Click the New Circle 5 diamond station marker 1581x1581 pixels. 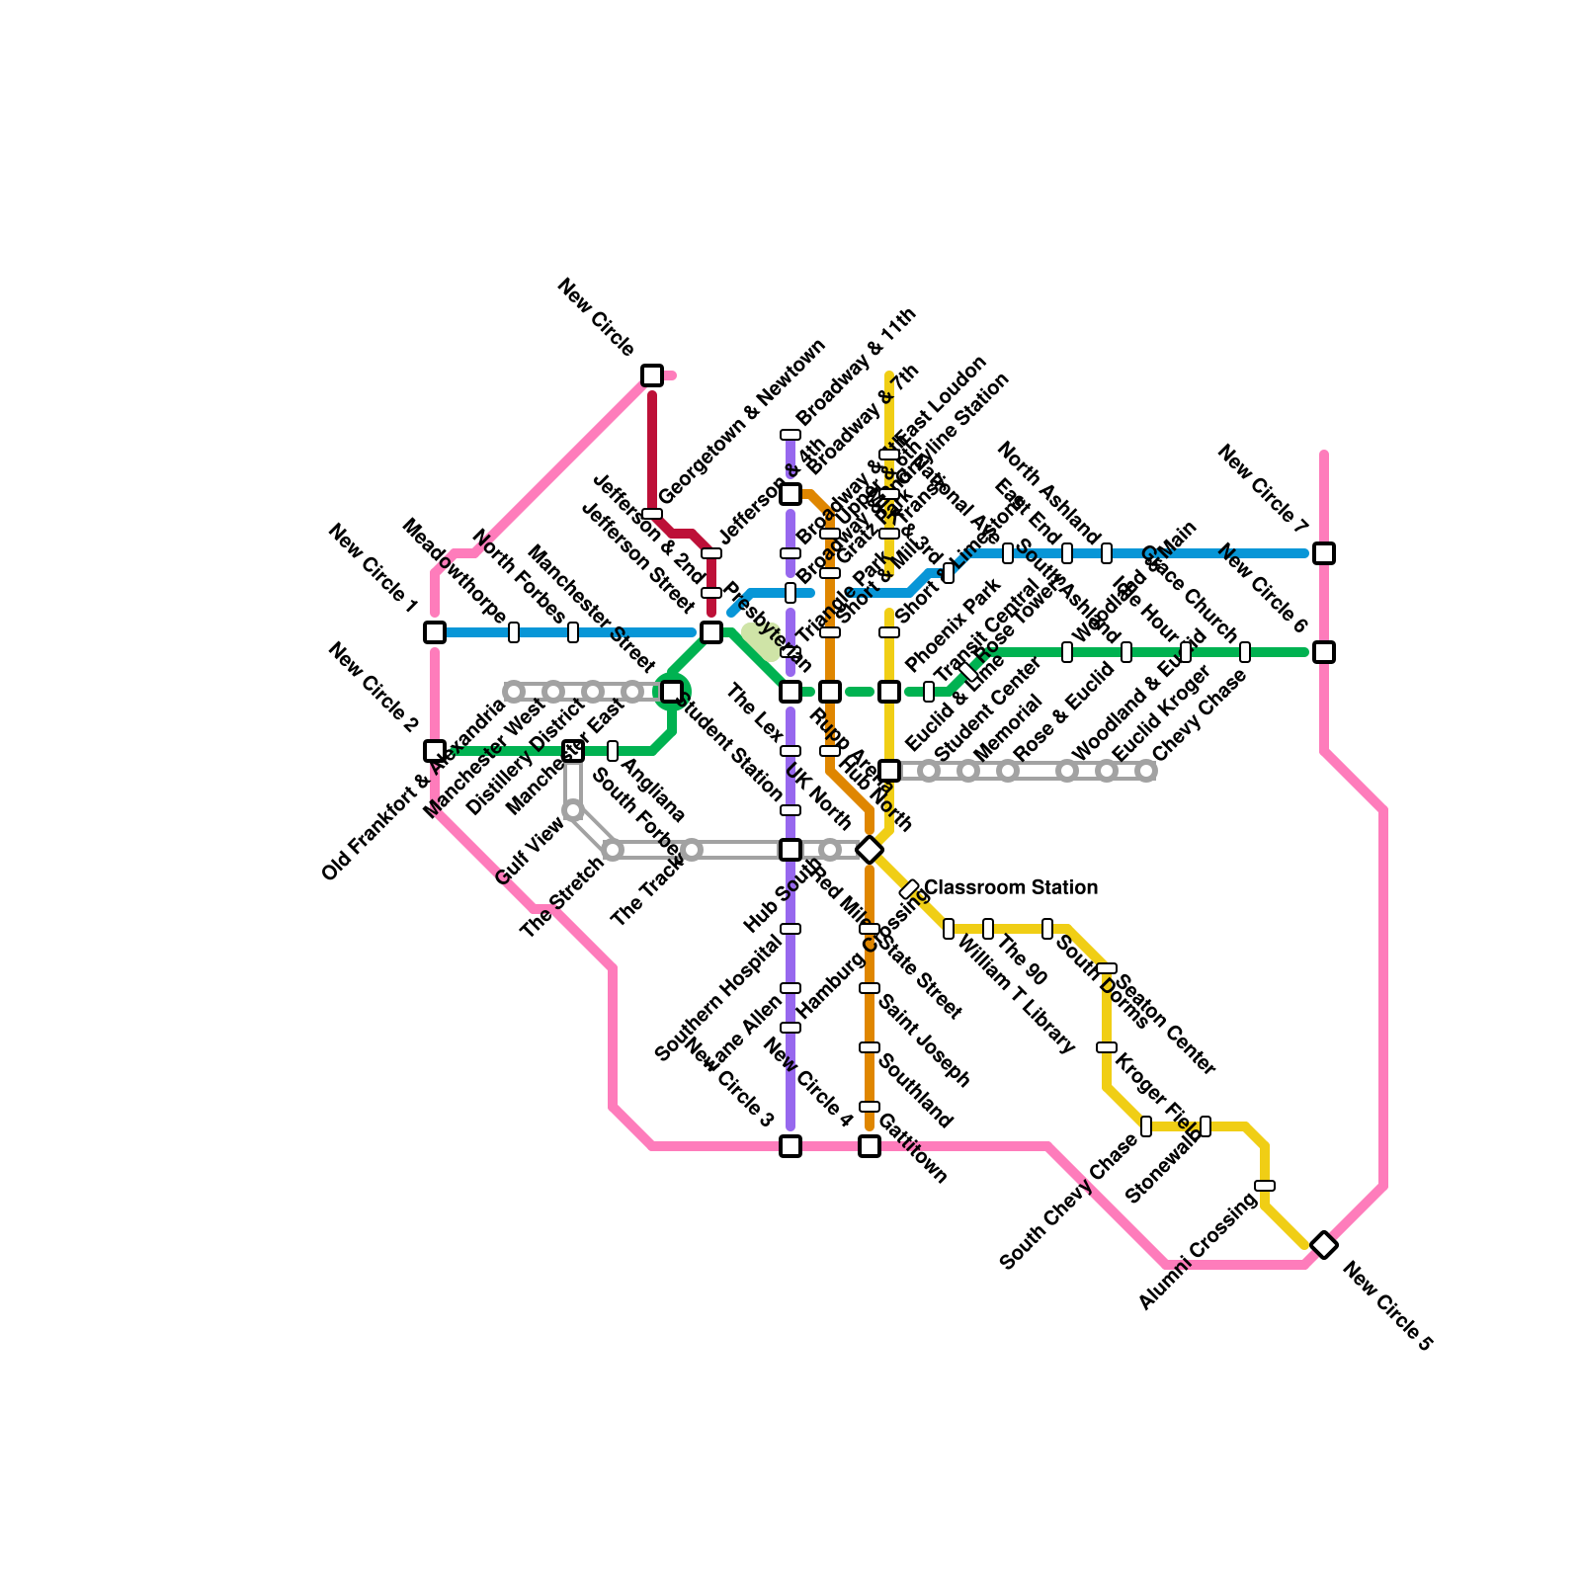click(1324, 1245)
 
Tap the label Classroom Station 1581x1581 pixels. click(1011, 887)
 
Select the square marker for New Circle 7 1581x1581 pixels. click(1324, 553)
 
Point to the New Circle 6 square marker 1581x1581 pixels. click(1324, 652)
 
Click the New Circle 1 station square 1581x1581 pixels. click(435, 632)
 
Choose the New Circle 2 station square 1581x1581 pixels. click(435, 751)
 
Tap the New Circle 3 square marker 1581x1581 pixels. click(790, 1146)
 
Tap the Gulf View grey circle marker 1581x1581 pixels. click(573, 811)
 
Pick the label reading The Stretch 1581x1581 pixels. click(562, 897)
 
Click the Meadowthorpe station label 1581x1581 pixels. click(456, 570)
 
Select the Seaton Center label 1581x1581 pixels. click(1166, 1024)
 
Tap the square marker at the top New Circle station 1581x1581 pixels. click(652, 375)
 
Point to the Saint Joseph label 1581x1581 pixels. click(924, 1041)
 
